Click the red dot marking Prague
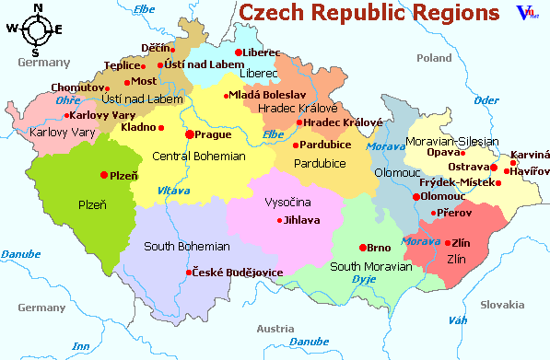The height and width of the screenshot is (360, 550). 190,134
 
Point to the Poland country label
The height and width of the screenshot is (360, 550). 434,57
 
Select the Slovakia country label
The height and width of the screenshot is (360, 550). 501,305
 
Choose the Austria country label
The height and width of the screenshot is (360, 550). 275,328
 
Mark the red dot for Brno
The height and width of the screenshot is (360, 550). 361,248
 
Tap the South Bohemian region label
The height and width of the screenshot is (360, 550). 187,247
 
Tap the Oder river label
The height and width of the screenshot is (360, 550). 486,99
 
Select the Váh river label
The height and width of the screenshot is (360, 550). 456,320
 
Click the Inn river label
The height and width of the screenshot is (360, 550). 80,346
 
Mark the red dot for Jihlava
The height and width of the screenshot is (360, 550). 280,220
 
